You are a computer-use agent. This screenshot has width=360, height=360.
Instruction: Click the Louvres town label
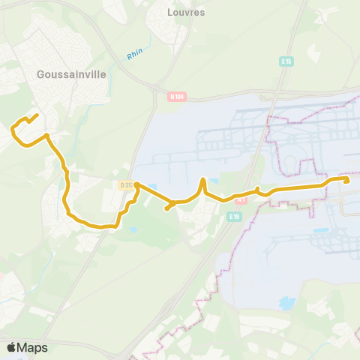pos(187,13)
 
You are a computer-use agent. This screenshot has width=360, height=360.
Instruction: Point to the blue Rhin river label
pos(135,53)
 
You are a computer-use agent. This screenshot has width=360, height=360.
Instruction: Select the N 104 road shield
pos(177,96)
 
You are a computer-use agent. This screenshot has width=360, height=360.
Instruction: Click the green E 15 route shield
pos(286,61)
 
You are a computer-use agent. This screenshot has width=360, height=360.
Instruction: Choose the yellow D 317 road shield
pos(125,184)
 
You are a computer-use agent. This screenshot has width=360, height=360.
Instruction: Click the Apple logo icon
pos(11,348)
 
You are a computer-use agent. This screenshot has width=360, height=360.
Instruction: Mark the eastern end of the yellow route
pos(349,180)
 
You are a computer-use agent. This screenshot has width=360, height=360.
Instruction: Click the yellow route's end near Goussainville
pos(37,115)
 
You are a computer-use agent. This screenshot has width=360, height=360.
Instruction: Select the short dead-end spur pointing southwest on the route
pos(166,208)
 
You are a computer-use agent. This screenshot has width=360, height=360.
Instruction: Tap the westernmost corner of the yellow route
pos(12,130)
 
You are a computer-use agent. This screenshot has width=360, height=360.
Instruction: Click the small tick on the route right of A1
pos(258,188)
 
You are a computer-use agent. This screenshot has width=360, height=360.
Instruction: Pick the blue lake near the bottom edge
pos(286,303)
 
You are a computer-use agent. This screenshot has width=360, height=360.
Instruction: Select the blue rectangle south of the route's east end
pos(321,229)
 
